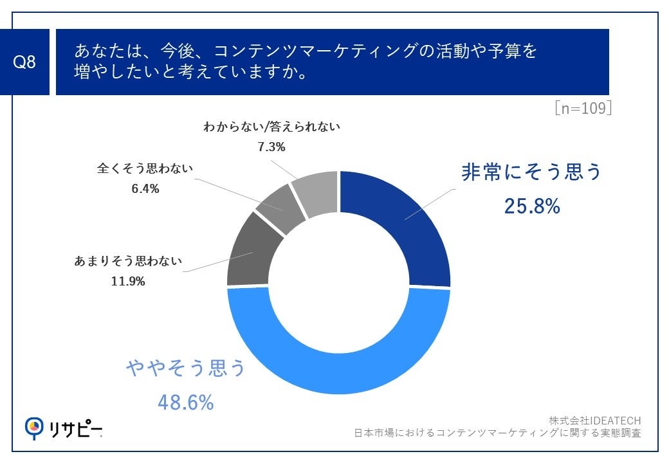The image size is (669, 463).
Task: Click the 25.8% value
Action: [x=531, y=206]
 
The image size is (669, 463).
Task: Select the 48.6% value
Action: [x=186, y=403]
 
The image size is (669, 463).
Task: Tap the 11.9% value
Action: [x=128, y=281]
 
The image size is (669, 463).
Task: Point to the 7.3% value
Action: [x=271, y=147]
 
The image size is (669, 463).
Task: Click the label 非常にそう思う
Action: [x=531, y=172]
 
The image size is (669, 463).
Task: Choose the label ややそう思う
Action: [x=186, y=368]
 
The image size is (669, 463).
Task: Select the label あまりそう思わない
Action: [x=129, y=261]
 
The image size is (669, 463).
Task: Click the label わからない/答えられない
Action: [x=271, y=127]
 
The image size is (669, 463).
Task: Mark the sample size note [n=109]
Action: [x=582, y=108]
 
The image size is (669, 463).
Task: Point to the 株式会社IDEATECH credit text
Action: [x=594, y=421]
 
